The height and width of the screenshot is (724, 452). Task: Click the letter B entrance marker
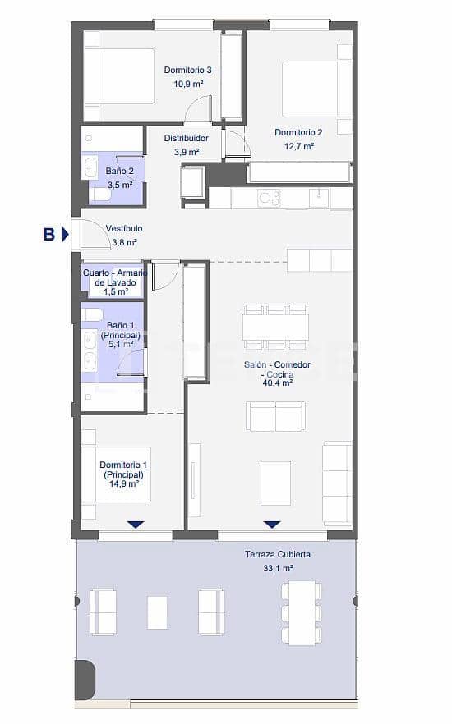tap(49, 235)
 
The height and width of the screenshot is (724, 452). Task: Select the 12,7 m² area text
tap(298, 146)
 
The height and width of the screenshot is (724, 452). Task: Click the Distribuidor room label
tap(186, 139)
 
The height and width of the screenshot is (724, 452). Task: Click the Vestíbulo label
tap(124, 228)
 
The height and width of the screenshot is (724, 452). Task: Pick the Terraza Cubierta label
tap(277, 554)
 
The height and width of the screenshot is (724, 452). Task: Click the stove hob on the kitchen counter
tap(270, 198)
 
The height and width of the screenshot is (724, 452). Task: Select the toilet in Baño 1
tap(92, 314)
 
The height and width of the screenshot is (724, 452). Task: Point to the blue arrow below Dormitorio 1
tap(136, 524)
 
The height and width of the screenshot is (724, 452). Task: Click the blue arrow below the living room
tap(272, 524)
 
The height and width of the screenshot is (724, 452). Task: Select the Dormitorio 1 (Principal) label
tap(123, 474)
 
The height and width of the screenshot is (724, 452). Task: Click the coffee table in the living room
tap(275, 483)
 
